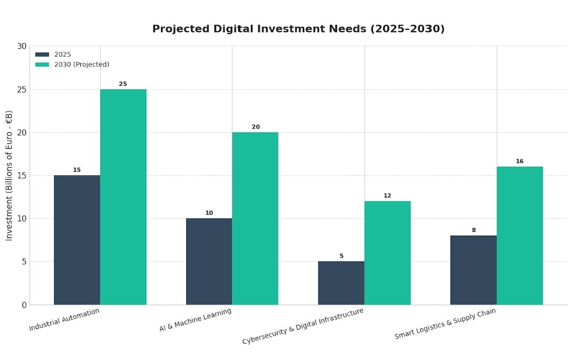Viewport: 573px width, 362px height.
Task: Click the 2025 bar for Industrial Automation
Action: click(x=77, y=240)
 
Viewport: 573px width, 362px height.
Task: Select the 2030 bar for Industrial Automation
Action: click(x=123, y=197)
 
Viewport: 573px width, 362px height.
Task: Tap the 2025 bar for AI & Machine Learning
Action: click(x=209, y=261)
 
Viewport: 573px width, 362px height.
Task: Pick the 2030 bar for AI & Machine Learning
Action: click(x=255, y=218)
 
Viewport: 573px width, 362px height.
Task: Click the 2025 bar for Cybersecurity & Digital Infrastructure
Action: click(x=341, y=283)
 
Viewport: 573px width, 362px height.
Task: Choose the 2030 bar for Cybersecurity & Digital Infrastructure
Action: click(x=387, y=253)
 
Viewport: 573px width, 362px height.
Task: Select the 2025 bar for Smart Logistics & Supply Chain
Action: click(x=473, y=270)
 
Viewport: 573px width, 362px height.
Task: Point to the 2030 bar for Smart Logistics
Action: click(x=520, y=236)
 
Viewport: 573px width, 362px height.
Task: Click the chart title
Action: click(x=298, y=29)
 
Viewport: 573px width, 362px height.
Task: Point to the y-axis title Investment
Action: click(x=9, y=176)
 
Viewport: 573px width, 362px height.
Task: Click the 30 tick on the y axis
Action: click(x=22, y=46)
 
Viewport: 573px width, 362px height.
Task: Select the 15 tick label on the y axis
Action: click(x=22, y=176)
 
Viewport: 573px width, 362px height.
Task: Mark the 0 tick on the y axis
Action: click(x=24, y=305)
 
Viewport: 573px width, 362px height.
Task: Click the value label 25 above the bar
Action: click(x=123, y=84)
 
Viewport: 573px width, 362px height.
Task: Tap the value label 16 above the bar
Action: click(x=520, y=161)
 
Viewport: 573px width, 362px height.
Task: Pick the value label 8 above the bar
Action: click(x=474, y=230)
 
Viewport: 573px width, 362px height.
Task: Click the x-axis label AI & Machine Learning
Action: click(x=196, y=320)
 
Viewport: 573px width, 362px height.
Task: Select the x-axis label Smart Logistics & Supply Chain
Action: click(x=445, y=324)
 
